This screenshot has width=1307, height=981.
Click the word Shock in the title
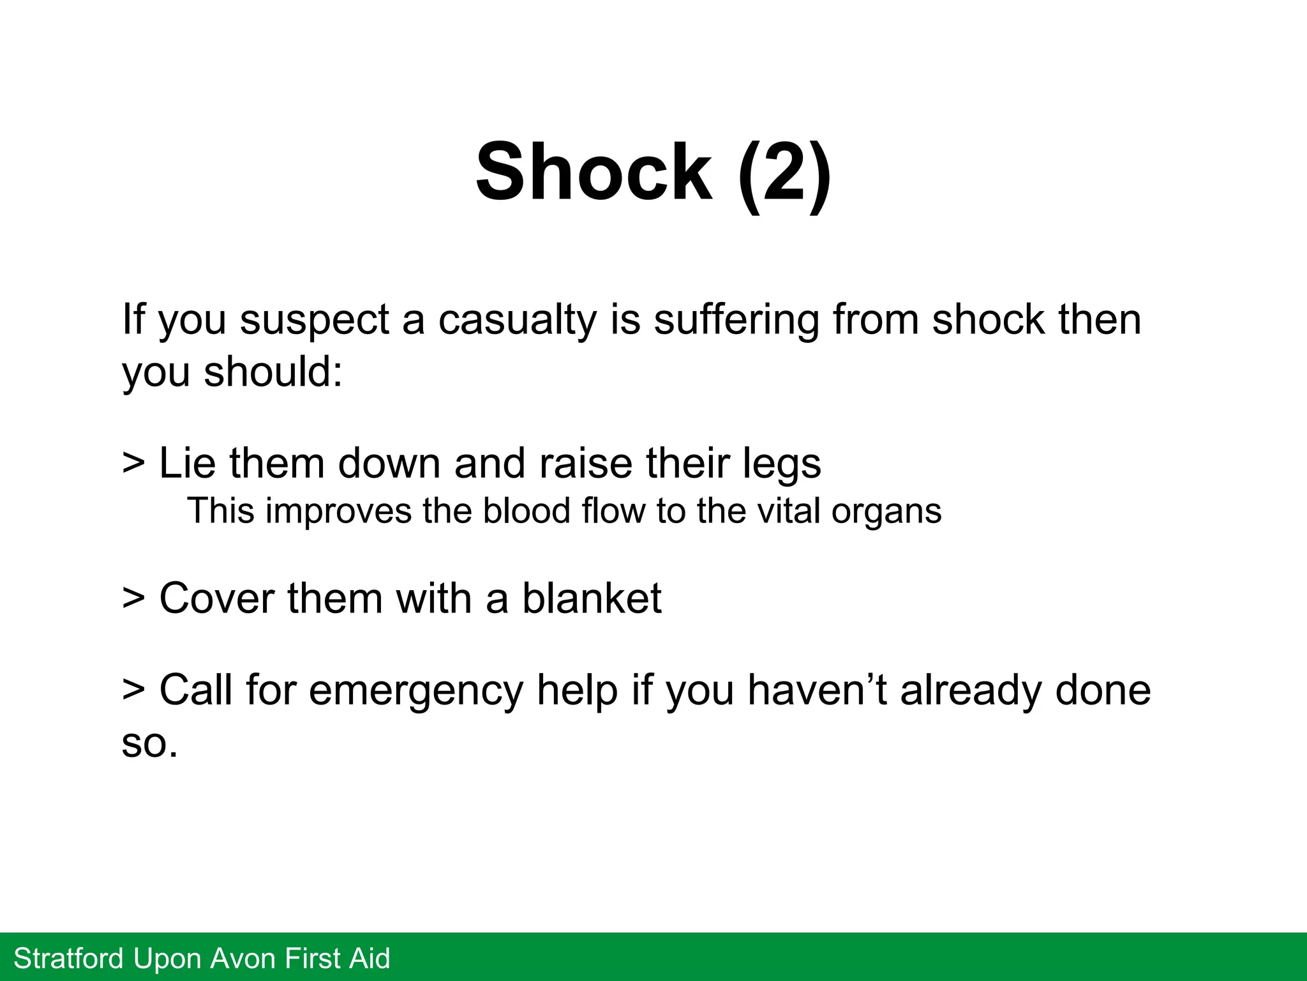594,172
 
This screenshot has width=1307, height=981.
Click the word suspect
314,321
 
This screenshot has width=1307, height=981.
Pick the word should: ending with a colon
273,372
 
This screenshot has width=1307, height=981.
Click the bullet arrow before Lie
133,462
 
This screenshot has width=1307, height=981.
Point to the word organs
886,513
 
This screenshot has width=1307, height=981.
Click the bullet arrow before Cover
133,598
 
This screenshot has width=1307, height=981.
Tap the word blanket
592,598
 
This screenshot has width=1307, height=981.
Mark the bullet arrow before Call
133,690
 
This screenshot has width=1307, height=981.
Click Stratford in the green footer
68,959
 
